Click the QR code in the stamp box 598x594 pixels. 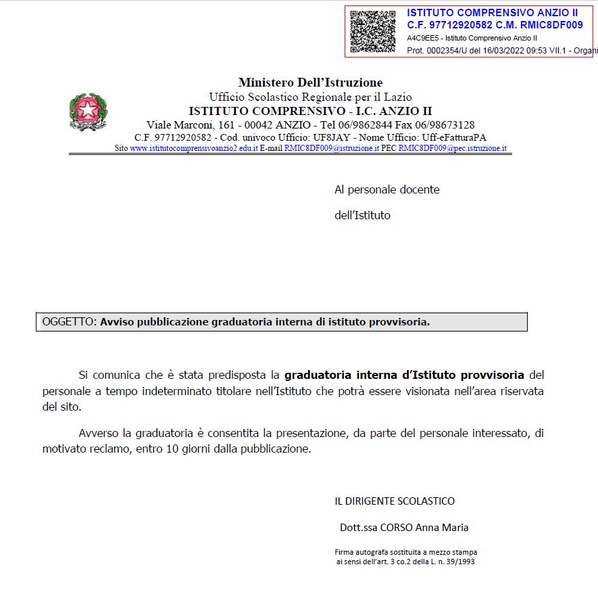point(373,31)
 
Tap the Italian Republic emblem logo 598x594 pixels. point(88,112)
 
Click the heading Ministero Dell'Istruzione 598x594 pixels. point(310,83)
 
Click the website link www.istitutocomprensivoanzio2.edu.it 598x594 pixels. point(193,148)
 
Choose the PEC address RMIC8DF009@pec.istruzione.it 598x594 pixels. point(452,148)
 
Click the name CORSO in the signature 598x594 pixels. point(396,528)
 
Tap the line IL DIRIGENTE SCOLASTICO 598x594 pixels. point(395,501)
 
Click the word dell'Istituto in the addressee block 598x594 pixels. point(362,216)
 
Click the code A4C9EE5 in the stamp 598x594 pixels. point(420,38)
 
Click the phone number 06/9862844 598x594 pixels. point(365,125)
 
